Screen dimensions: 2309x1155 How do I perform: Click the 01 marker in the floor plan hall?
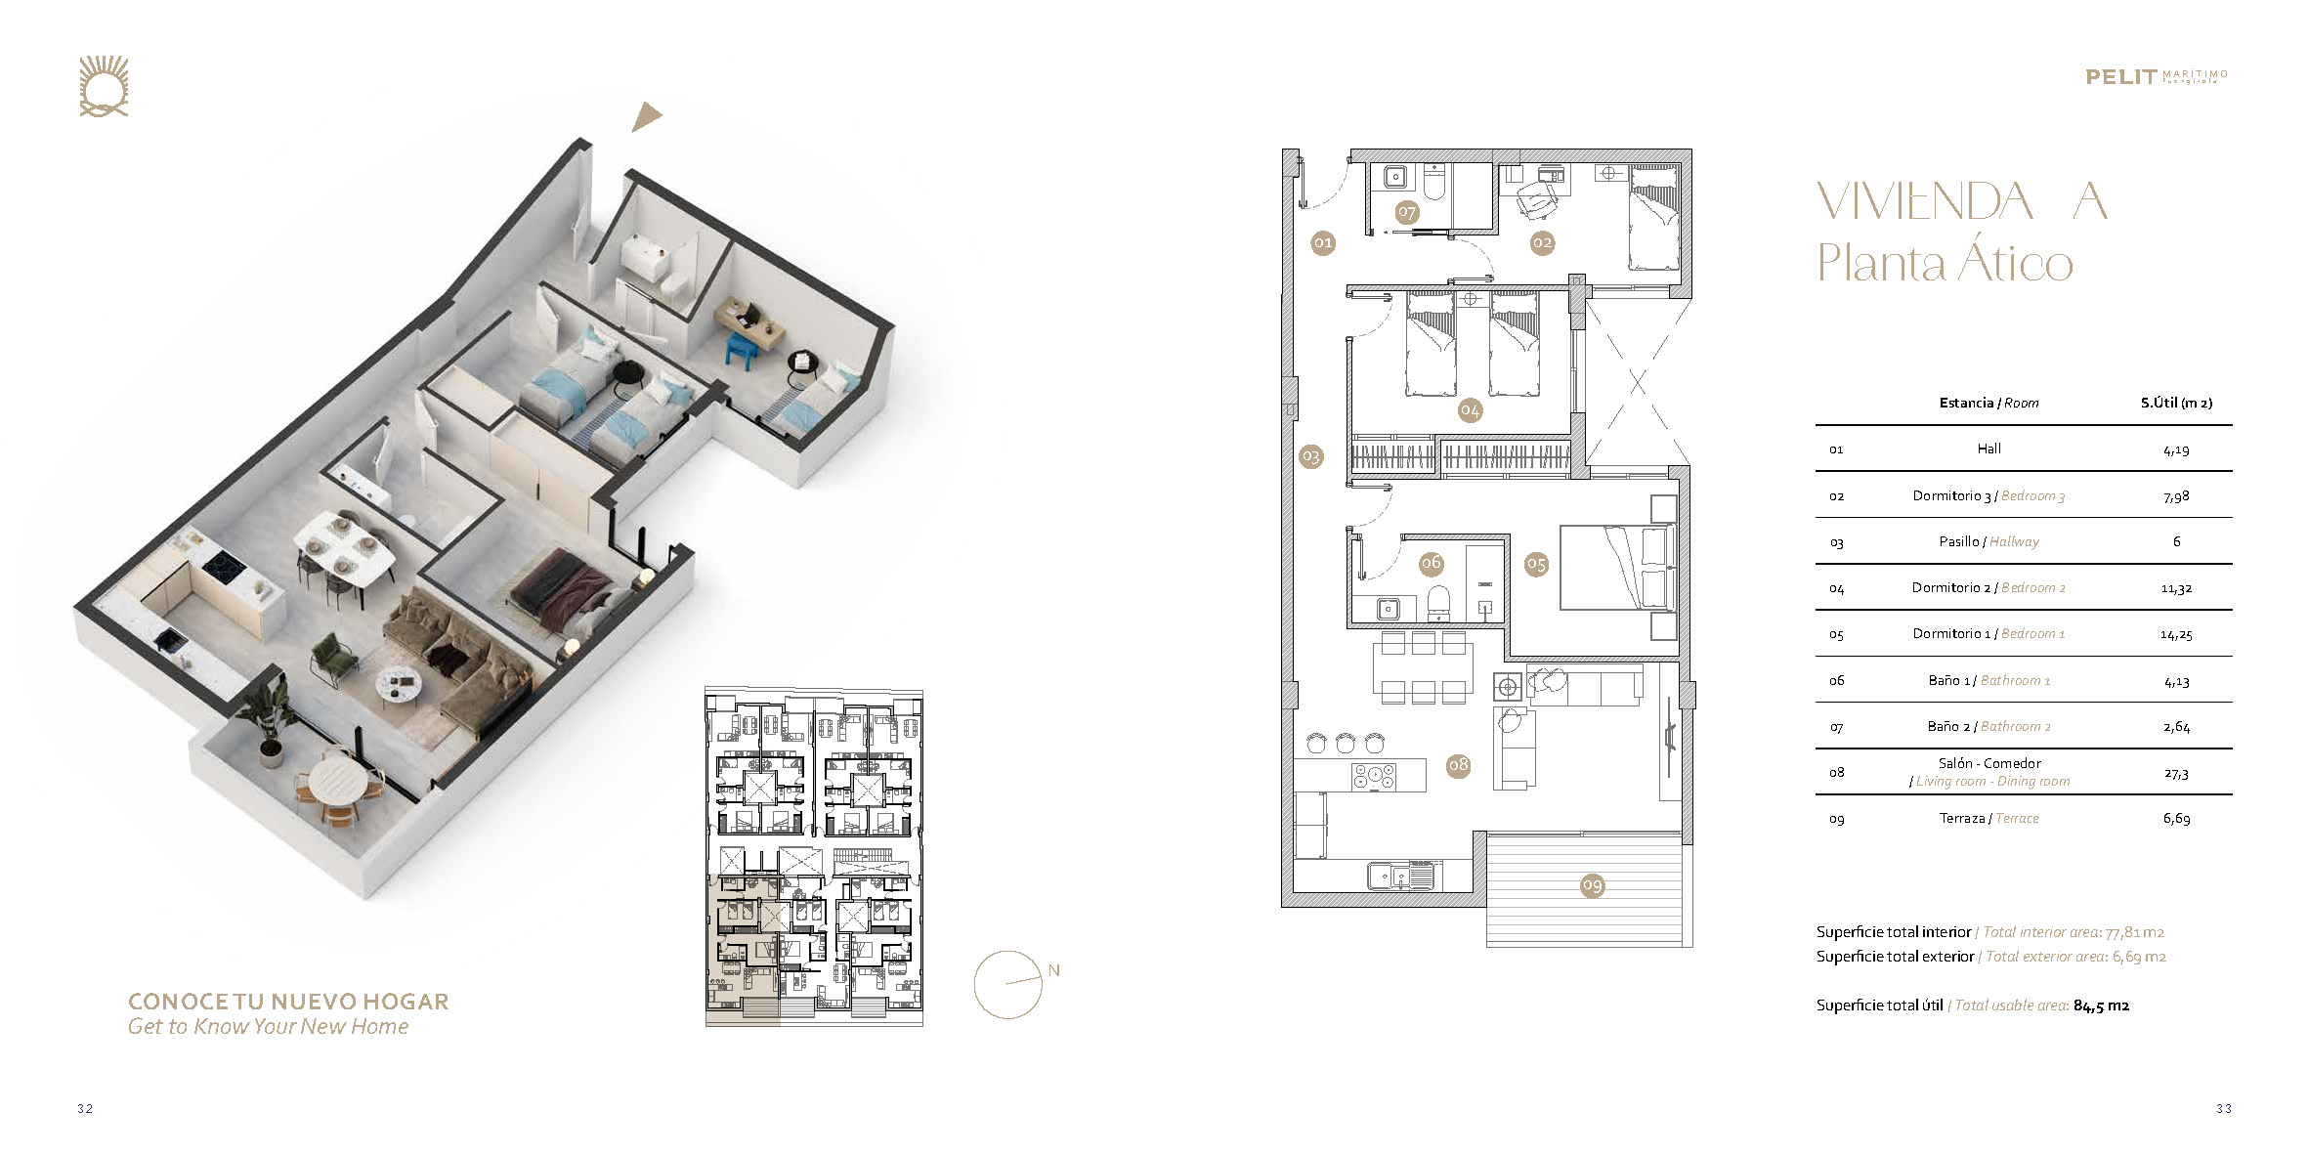(1322, 242)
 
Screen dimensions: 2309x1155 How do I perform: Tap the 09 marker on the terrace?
(1593, 885)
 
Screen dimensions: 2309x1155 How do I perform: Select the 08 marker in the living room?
(1459, 764)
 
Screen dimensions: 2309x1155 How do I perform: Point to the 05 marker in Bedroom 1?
(1537, 564)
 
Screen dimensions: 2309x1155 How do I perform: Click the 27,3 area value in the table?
(2176, 773)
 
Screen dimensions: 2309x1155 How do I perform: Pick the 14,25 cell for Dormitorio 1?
(2176, 634)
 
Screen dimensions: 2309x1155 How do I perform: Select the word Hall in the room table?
(1988, 449)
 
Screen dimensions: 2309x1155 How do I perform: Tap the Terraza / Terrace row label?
(1988, 818)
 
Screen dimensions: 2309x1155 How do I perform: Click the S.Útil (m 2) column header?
(2176, 403)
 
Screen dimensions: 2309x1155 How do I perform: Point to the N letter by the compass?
(1053, 970)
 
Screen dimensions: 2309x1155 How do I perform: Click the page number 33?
(2224, 1108)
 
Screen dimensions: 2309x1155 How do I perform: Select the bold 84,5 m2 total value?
(2101, 1005)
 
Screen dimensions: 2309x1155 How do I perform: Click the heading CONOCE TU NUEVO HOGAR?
(288, 1002)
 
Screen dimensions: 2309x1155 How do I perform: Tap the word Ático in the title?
(2009, 262)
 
